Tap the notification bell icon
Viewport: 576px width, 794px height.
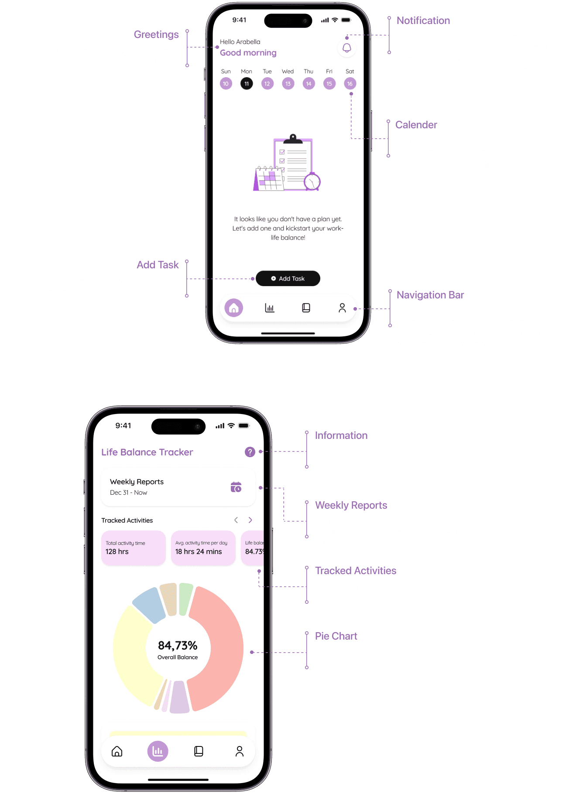[x=347, y=48]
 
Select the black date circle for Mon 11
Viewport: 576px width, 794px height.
[x=247, y=83]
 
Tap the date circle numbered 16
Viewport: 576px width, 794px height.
[x=350, y=83]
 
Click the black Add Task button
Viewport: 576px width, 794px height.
[x=288, y=278]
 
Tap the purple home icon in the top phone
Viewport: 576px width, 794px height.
[x=234, y=308]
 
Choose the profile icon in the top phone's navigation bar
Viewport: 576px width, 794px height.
[x=342, y=308]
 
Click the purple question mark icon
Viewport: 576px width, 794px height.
[x=250, y=452]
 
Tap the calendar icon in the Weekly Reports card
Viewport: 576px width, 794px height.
[x=236, y=487]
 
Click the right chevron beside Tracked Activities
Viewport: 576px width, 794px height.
[x=250, y=520]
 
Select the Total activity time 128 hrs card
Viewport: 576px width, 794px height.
[x=134, y=548]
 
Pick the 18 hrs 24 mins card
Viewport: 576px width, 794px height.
[x=203, y=548]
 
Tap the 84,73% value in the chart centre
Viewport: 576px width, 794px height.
[x=178, y=645]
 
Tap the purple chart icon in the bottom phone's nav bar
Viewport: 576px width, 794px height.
[x=158, y=751]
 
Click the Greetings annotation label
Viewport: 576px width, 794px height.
[x=156, y=34]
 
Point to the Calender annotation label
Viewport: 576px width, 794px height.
[x=416, y=125]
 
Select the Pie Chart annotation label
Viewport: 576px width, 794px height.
[x=336, y=636]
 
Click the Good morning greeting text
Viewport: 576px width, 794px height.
[x=248, y=53]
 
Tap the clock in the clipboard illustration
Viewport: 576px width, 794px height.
[x=312, y=181]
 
